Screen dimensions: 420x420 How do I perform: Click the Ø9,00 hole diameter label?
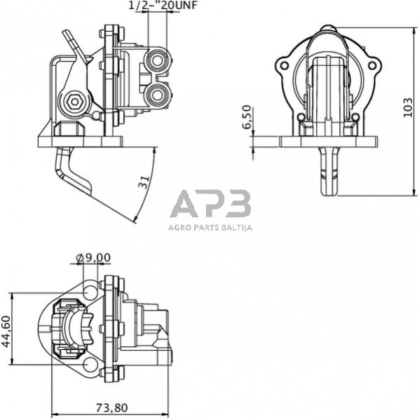pos(93,257)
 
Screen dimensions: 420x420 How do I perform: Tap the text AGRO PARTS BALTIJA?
pos(210,227)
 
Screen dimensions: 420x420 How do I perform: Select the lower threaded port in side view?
pos(157,93)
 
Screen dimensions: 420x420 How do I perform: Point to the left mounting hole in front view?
pos(284,67)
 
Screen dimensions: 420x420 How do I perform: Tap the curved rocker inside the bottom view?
pos(74,329)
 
